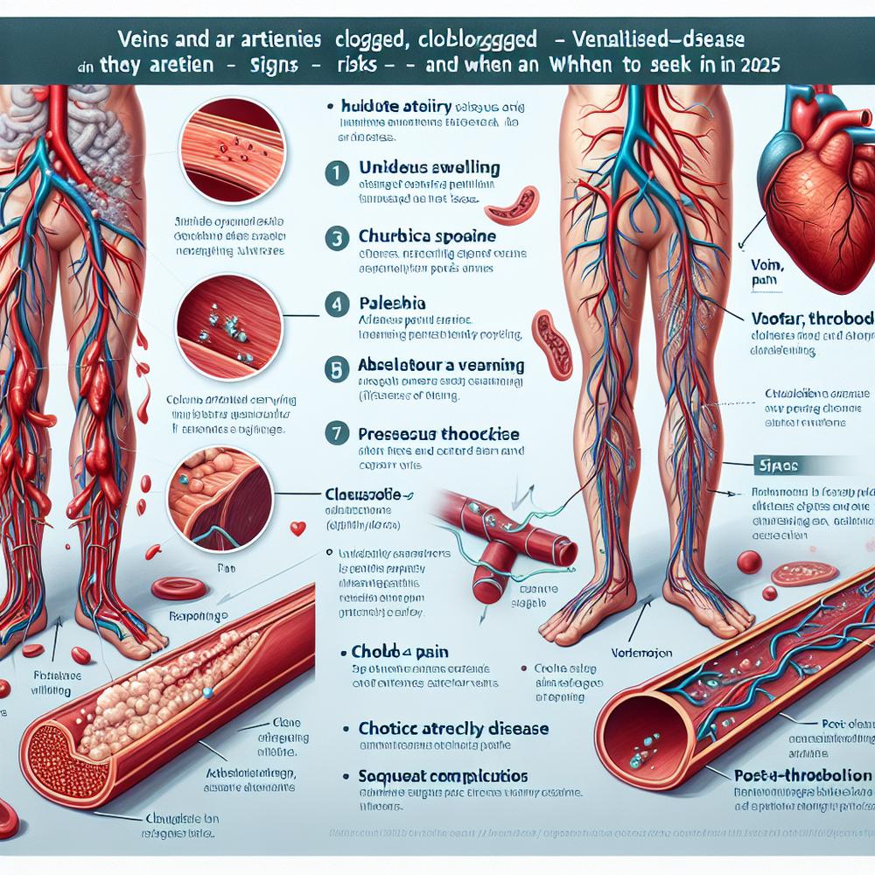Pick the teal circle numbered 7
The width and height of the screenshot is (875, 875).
(x=335, y=433)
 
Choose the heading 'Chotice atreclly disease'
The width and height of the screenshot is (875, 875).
(x=454, y=728)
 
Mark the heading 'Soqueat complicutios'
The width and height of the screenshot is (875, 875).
(x=443, y=776)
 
